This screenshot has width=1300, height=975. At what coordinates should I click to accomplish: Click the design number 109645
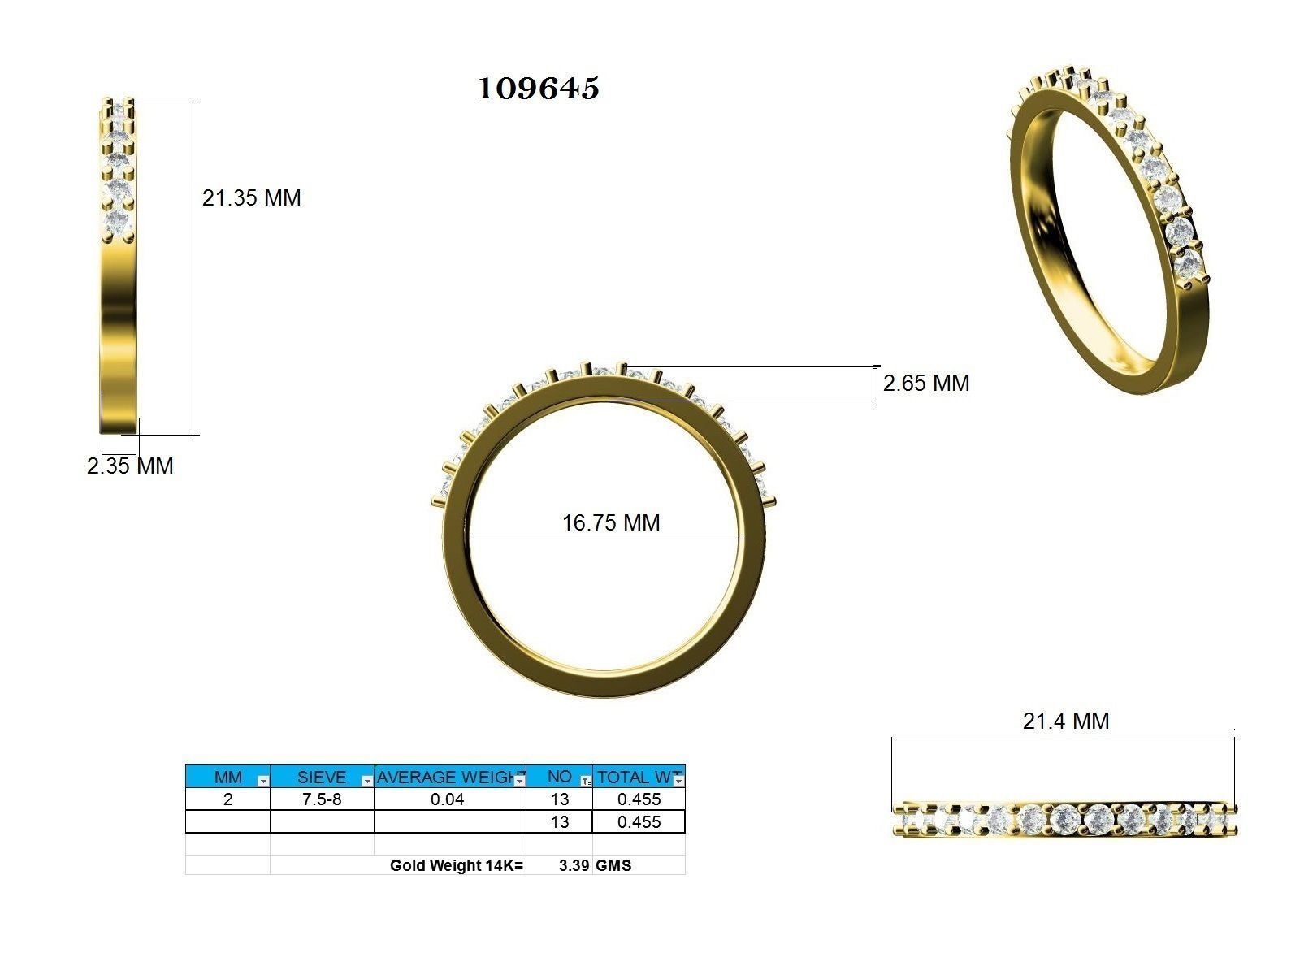(538, 88)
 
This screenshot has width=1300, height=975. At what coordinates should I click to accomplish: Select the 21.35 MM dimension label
(251, 197)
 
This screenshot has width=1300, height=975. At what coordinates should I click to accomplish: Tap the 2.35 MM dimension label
(130, 466)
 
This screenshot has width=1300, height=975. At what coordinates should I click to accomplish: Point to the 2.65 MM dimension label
(926, 383)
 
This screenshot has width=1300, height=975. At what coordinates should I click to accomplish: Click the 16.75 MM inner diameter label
(611, 522)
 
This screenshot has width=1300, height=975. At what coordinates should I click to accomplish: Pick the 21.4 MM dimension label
(1065, 721)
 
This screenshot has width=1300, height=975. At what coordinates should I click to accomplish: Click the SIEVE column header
(321, 777)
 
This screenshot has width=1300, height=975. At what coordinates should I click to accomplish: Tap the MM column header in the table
(228, 777)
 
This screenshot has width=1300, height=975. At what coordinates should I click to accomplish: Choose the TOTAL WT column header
(634, 777)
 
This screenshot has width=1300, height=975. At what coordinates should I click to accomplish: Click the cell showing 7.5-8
(322, 799)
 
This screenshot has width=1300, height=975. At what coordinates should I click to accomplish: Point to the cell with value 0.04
(448, 799)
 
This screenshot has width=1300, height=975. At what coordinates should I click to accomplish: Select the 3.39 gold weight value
(574, 865)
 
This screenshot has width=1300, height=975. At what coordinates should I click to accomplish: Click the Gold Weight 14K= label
(457, 865)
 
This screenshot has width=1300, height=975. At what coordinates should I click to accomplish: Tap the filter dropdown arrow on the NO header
(586, 781)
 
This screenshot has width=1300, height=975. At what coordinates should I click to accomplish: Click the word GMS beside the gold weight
(613, 865)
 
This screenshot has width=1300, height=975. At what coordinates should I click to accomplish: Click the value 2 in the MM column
(228, 799)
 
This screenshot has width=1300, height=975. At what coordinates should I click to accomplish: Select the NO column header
(558, 777)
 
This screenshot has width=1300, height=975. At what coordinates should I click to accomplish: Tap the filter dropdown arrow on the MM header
(262, 781)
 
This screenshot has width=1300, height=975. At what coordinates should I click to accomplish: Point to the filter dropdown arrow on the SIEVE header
(367, 781)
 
